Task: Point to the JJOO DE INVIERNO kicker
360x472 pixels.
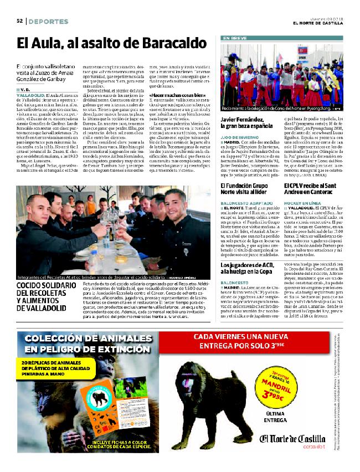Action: [x=239, y=136]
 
